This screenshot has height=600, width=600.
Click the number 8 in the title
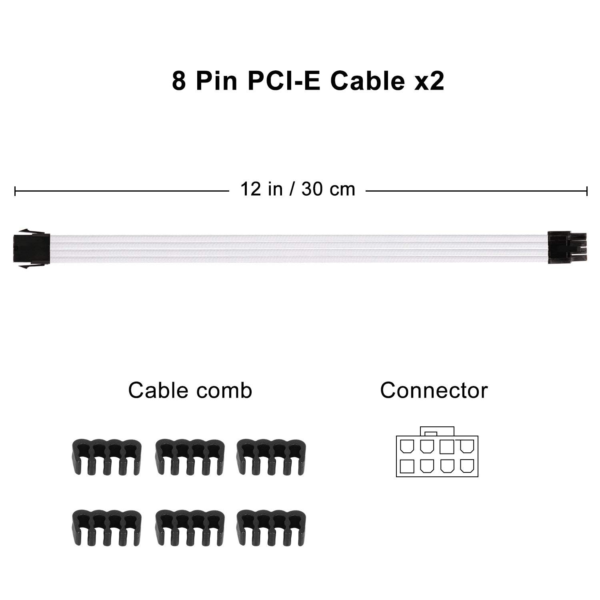click(x=179, y=81)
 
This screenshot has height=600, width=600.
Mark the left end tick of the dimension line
click(x=15, y=191)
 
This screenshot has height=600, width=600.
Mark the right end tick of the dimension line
click(x=587, y=191)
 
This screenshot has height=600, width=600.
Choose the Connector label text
click(x=434, y=390)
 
